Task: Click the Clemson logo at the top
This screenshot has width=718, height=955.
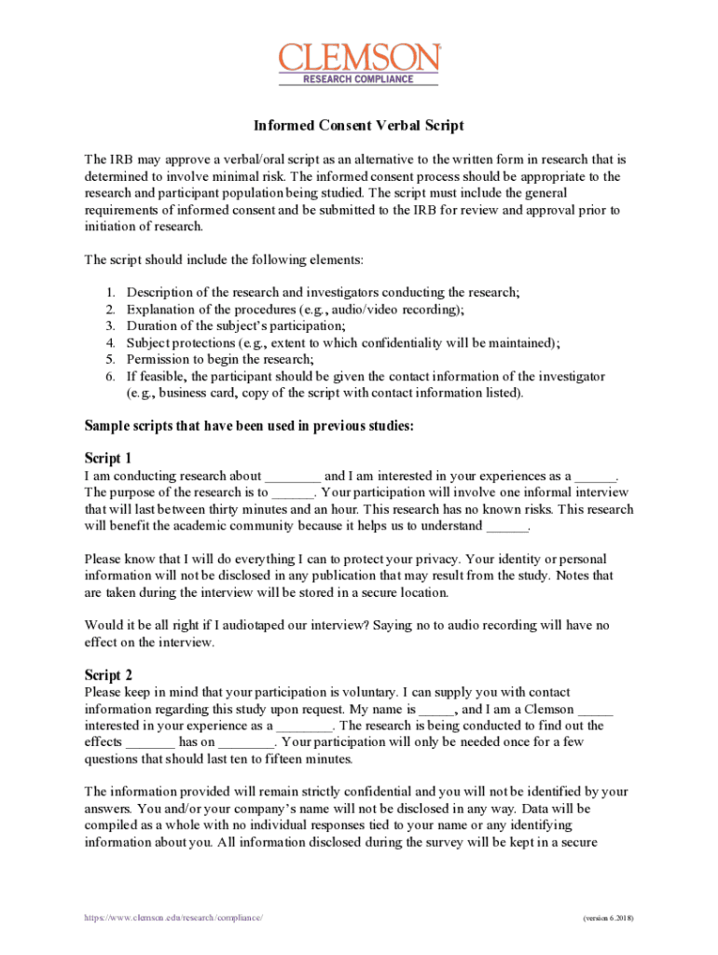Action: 359,58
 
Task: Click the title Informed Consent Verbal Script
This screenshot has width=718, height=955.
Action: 359,126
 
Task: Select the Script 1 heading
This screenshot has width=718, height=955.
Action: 108,458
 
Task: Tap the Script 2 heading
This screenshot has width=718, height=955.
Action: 108,674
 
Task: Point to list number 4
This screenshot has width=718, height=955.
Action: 109,342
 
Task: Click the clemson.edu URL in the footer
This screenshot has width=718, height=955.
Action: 173,918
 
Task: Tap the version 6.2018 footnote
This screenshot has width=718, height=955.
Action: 607,918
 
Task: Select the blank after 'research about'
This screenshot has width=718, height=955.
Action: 292,477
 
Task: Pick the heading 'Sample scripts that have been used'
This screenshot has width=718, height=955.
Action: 249,427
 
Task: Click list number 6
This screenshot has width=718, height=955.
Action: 109,376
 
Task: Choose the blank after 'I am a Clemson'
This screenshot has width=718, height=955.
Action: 595,709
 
